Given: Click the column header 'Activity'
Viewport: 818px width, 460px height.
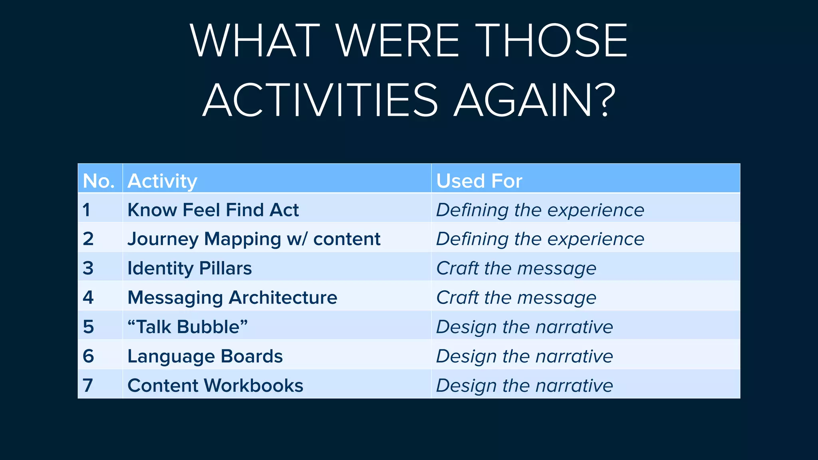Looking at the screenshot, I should [x=162, y=181].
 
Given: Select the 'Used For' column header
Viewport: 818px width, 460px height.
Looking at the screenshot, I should [x=479, y=181].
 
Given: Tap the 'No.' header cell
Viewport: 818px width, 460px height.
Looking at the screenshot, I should [x=99, y=181].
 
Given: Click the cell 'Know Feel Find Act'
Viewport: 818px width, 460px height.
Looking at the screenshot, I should [x=213, y=210].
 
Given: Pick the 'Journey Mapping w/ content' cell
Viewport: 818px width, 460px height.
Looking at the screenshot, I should [x=254, y=239].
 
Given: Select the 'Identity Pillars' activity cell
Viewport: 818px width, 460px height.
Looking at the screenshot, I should [x=189, y=268].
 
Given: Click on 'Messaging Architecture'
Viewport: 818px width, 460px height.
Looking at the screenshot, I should [x=232, y=297].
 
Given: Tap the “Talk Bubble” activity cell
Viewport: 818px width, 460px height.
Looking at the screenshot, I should [x=187, y=327].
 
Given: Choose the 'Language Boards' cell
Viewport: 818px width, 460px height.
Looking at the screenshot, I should [x=205, y=356].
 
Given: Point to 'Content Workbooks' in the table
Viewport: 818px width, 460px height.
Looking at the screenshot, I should [x=215, y=385].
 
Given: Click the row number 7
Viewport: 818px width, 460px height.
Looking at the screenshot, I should [x=88, y=385].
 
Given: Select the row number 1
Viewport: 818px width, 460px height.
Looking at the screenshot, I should [x=86, y=210].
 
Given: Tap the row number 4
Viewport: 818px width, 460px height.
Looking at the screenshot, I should [x=88, y=297].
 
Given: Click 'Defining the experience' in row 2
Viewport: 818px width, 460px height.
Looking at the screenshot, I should [x=540, y=239].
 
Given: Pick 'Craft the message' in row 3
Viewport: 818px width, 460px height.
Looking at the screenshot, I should [x=516, y=268].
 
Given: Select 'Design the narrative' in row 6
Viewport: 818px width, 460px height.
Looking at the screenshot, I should [x=524, y=356].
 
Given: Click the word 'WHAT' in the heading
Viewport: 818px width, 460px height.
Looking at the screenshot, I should [x=255, y=40].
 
